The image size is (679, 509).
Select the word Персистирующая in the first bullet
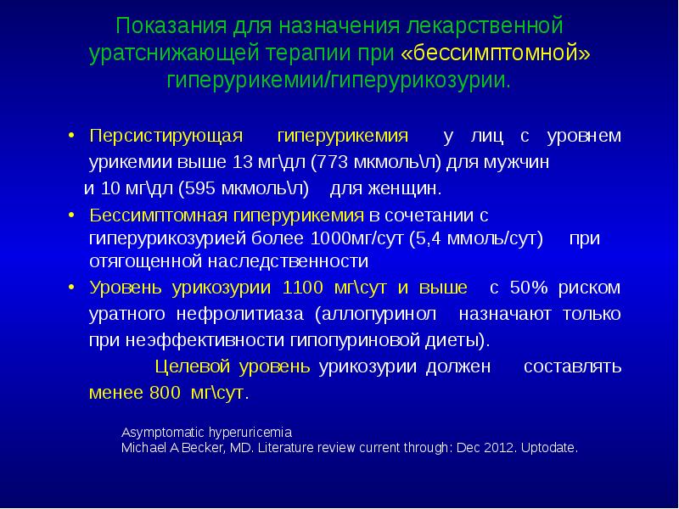point(166,137)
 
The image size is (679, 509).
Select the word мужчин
point(520,162)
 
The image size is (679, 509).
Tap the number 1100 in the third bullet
point(303,288)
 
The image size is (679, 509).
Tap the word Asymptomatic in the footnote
point(162,431)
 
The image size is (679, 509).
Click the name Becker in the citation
point(196,447)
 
